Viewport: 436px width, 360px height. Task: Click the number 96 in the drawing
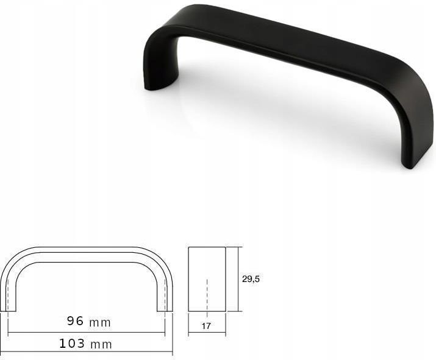[x=74, y=321]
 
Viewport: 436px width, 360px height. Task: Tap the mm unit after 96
[x=100, y=322]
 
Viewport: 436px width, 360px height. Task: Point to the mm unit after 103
[x=101, y=345]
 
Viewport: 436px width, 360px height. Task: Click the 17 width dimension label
[x=206, y=326]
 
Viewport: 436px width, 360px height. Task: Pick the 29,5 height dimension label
[x=251, y=279]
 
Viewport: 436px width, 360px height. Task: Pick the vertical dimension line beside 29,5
[x=237, y=278]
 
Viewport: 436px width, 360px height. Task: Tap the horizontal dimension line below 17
[x=207, y=333]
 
